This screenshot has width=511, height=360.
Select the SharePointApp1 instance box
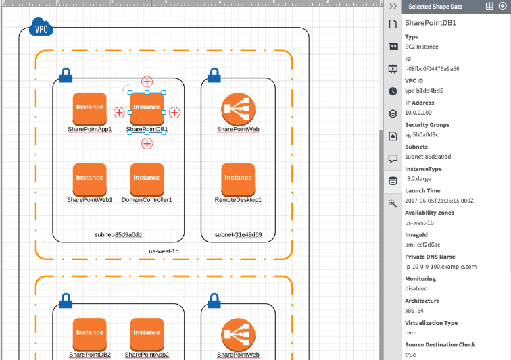tap(90, 107)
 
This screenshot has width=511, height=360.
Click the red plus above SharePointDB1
tap(147, 82)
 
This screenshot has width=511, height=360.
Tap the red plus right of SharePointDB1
tap(174, 112)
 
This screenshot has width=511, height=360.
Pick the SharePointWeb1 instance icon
tap(90, 178)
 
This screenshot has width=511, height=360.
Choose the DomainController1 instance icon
tap(147, 178)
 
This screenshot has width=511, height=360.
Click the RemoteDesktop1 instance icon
tap(238, 178)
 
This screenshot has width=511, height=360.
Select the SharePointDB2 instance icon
tap(90, 333)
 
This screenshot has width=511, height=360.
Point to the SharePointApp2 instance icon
tap(147, 333)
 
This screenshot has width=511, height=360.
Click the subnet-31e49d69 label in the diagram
tap(238, 235)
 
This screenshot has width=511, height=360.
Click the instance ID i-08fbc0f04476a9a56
tap(432, 68)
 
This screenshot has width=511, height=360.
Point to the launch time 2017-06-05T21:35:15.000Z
tap(439, 201)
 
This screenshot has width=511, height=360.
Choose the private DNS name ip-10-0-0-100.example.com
tap(441, 266)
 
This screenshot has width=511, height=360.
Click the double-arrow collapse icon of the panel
tap(393, 6)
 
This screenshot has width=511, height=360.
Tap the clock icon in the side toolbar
tap(393, 91)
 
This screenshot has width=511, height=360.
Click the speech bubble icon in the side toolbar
tap(393, 158)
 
